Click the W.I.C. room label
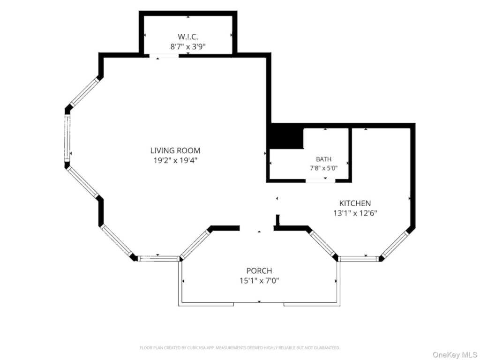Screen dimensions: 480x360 188,37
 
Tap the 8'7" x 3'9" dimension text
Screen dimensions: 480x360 188,47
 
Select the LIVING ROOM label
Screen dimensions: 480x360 175,150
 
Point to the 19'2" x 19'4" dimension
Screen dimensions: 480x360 175,160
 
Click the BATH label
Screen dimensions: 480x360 323,159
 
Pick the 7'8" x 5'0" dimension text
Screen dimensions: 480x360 323,168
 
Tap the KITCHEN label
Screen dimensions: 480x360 355,203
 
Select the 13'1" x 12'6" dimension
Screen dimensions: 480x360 355,213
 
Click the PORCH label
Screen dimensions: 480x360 259,270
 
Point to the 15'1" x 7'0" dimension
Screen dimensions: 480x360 259,280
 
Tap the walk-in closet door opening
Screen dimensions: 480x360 164,56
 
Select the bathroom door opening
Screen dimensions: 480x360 321,180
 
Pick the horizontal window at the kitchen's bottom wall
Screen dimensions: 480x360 359,259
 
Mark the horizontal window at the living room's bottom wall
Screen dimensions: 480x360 158,259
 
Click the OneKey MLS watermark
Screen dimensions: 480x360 455,355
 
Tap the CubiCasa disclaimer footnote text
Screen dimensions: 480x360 240,348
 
